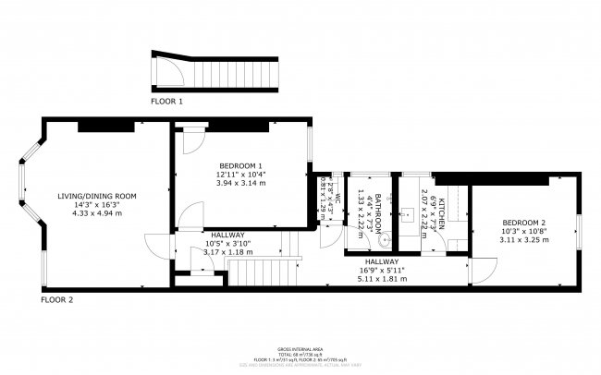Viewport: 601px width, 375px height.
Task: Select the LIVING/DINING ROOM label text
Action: (97, 196)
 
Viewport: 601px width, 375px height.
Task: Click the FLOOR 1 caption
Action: (167, 100)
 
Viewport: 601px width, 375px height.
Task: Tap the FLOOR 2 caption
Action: (56, 300)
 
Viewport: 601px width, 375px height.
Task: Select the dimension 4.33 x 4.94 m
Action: (97, 213)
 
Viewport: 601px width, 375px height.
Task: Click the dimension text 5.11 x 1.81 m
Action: (383, 278)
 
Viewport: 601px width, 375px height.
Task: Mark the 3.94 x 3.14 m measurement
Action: (240, 183)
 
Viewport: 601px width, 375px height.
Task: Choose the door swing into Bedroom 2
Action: (482, 269)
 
